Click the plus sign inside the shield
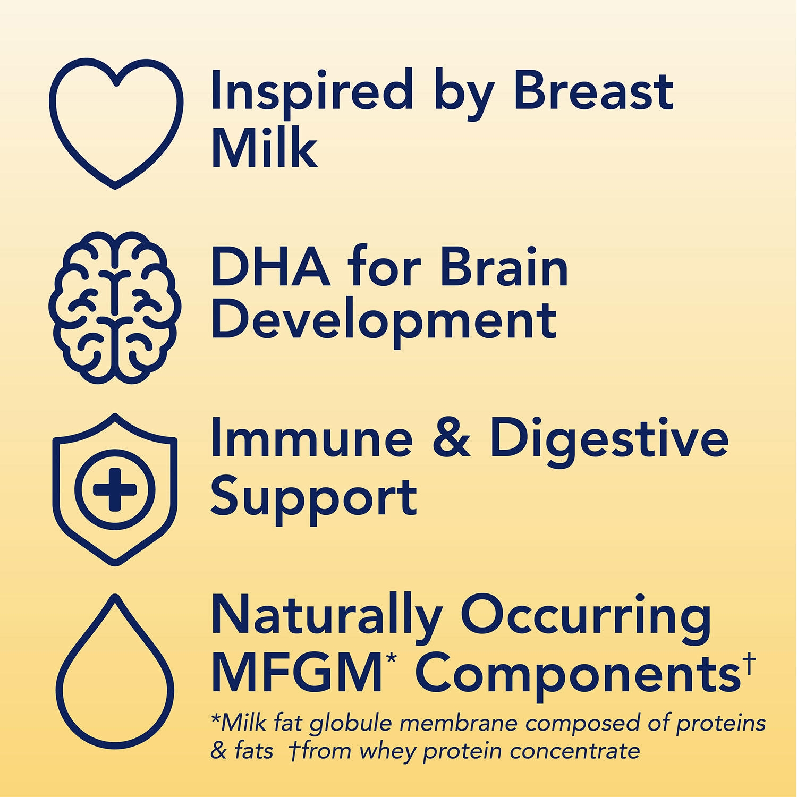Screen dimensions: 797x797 click(115, 489)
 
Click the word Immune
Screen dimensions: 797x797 click(311, 438)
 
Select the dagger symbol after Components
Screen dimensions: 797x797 click(749, 663)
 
